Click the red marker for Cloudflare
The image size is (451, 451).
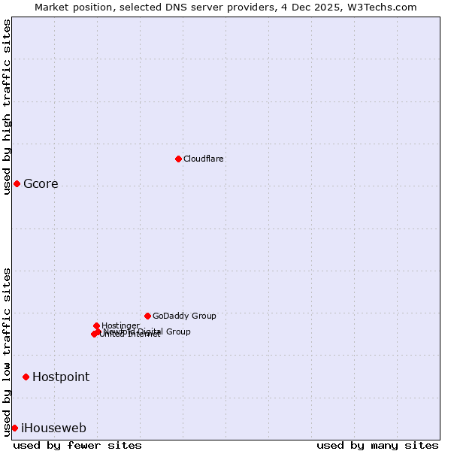(x=178, y=159)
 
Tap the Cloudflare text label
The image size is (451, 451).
(x=203, y=159)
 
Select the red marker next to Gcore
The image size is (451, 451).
(x=17, y=183)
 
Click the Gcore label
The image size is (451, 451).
(x=41, y=184)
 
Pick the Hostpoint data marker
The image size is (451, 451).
(x=26, y=377)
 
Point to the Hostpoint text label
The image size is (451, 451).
(x=61, y=377)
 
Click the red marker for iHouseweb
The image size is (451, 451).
(x=14, y=428)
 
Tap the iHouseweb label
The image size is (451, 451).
(x=53, y=428)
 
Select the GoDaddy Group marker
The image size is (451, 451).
(x=147, y=316)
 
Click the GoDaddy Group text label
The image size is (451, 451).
(x=184, y=316)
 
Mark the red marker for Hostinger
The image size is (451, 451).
(x=96, y=325)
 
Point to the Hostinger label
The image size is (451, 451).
(x=120, y=325)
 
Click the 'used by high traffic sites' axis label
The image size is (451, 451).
(x=7, y=107)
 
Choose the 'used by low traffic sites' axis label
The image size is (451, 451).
(x=7, y=351)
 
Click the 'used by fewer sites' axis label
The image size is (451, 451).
(x=77, y=445)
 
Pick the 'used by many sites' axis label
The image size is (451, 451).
(x=377, y=445)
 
